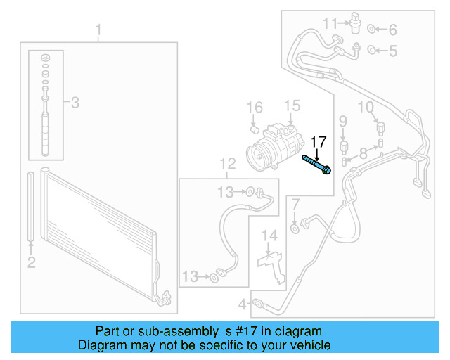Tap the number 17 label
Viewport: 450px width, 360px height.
coord(319,141)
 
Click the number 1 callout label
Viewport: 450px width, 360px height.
coord(99,30)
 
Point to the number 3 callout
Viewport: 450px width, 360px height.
coord(75,103)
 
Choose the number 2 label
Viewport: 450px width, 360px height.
coord(31,263)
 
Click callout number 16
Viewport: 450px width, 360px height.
coord(255,108)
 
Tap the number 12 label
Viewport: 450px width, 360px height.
coord(227,165)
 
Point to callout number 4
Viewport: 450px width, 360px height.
coord(242,304)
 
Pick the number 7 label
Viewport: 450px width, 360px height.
coord(295,205)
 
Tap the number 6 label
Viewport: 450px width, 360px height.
coord(392,30)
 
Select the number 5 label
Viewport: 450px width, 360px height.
coord(392,51)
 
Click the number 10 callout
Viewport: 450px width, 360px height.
coord(366,107)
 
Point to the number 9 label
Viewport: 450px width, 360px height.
coord(343,122)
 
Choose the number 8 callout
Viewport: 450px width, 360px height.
coord(363,153)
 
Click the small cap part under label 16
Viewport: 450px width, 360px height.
coord(255,128)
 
